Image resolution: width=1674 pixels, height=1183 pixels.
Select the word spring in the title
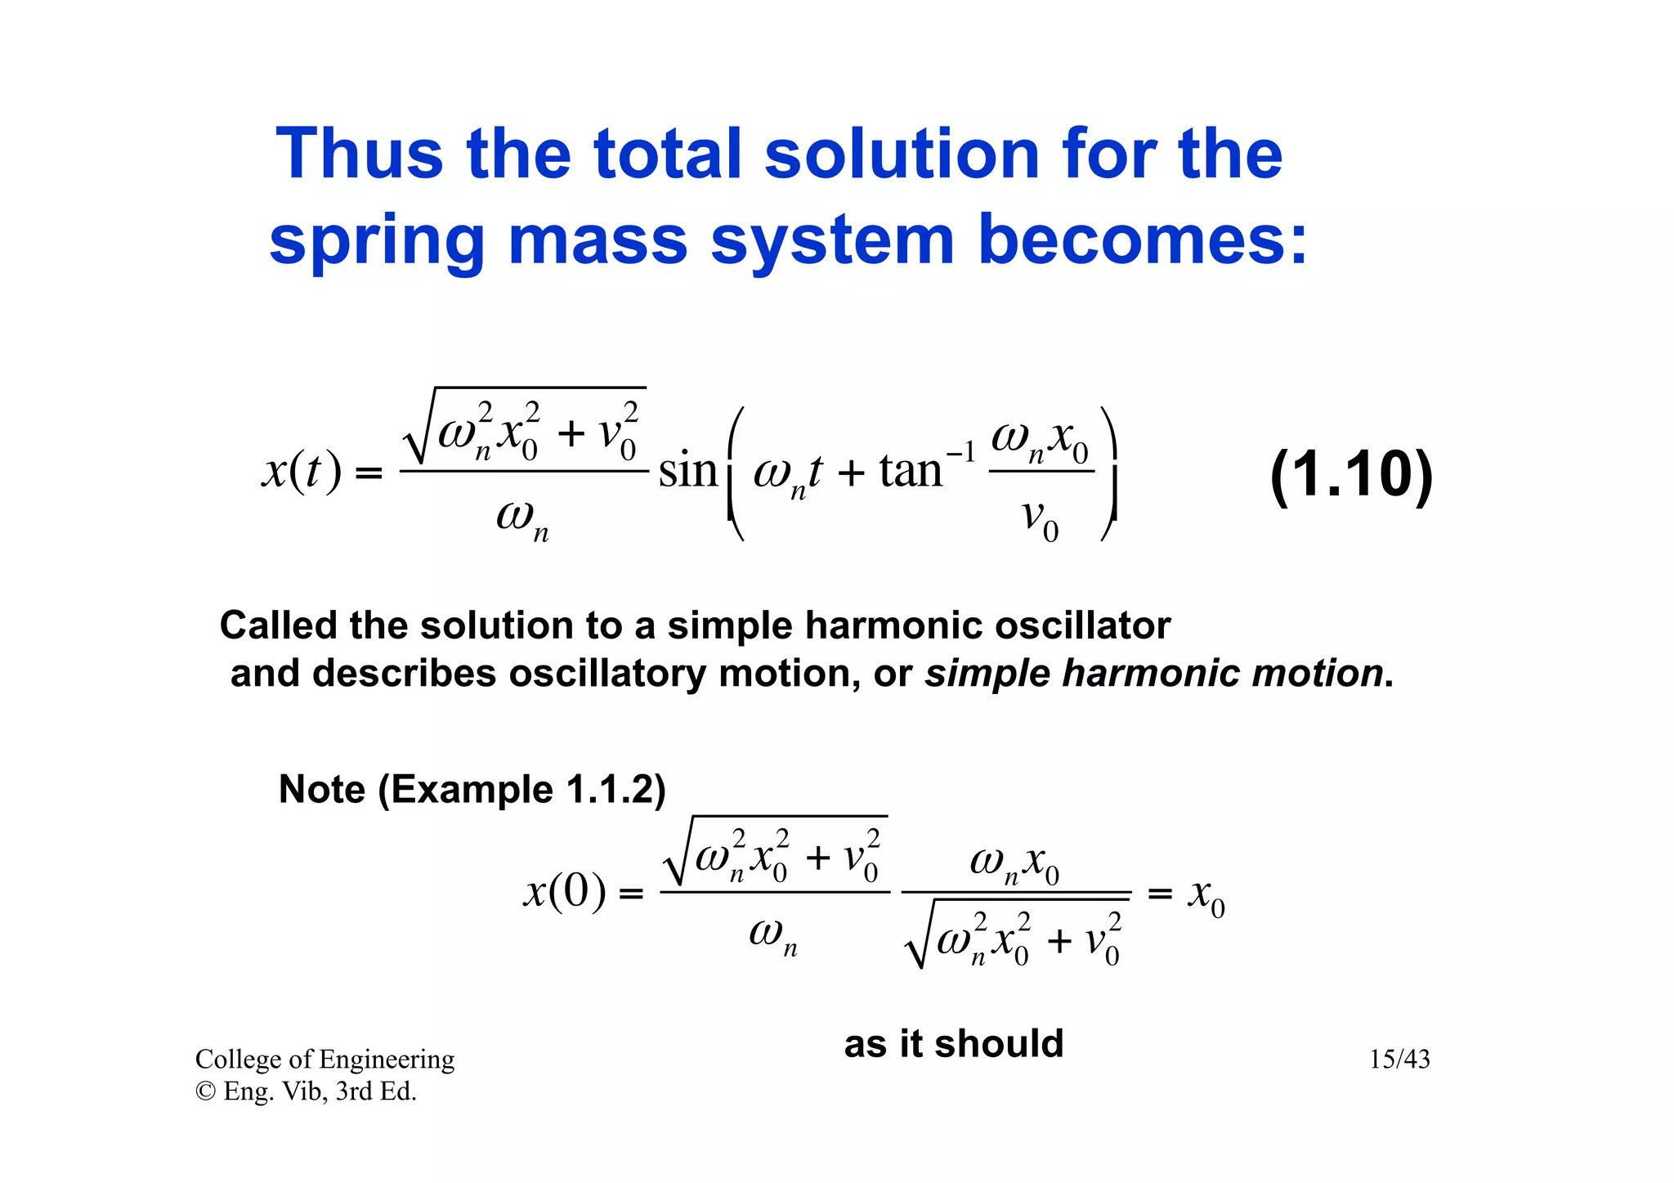coord(377,242)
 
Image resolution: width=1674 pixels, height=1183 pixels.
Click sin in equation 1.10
coord(687,471)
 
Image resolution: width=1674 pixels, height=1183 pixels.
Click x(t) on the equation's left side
coord(302,472)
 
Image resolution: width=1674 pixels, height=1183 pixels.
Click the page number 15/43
coord(1399,1060)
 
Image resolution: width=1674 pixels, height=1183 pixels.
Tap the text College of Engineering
coord(325,1060)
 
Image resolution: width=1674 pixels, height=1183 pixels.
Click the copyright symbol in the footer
coord(204,1091)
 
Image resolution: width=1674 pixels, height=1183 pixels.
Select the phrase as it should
coord(953,1044)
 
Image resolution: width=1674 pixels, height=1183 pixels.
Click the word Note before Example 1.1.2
coord(322,790)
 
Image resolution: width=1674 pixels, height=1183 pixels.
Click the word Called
coord(278,626)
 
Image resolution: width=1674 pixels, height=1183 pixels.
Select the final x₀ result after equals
coord(1206,895)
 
